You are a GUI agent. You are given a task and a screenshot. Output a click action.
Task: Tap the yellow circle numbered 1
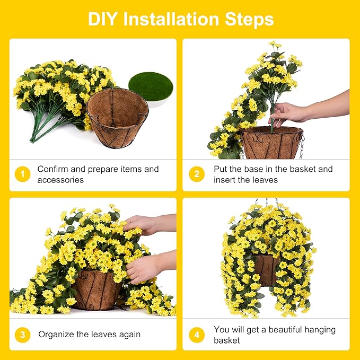point(22,174)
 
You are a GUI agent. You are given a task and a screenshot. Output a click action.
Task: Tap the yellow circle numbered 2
point(197,174)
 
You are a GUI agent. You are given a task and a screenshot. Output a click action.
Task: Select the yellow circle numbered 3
point(22,335)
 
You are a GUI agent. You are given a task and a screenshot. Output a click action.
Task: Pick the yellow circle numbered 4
point(197,335)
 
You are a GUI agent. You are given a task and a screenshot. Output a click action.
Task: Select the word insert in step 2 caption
point(225,180)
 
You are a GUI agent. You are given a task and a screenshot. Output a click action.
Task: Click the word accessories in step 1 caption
point(60,180)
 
